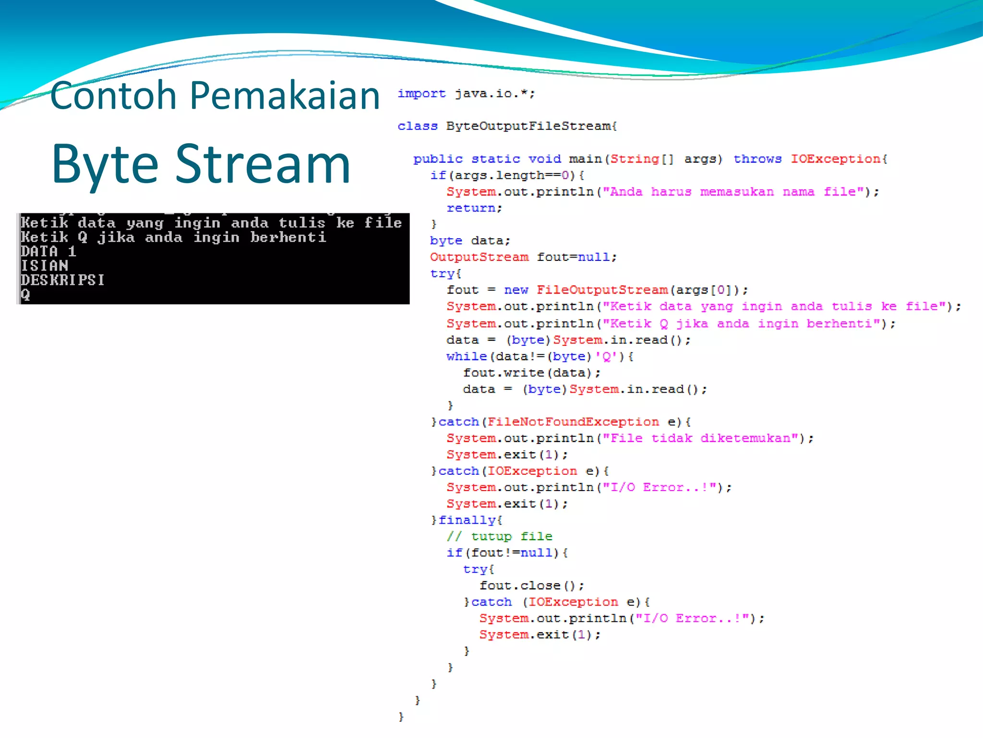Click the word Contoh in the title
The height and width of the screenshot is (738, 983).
click(113, 96)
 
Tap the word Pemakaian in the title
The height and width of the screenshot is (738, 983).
click(285, 96)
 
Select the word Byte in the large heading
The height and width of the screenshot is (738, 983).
click(105, 165)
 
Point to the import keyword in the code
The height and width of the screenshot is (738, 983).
click(421, 94)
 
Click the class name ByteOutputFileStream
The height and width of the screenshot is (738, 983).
click(531, 126)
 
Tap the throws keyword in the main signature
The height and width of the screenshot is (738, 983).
click(757, 159)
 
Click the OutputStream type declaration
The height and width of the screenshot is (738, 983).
click(479, 257)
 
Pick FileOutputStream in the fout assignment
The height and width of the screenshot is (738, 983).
click(602, 290)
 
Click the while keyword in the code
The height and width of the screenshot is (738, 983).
click(466, 357)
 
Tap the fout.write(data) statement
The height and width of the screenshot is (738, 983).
click(531, 373)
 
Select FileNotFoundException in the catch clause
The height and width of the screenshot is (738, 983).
click(573, 422)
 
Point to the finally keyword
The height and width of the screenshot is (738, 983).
click(467, 520)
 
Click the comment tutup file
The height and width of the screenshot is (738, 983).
click(500, 537)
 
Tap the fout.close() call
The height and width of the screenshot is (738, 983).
click(531, 586)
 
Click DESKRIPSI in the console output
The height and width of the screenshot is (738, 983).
click(62, 280)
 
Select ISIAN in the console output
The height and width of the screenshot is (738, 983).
click(44, 266)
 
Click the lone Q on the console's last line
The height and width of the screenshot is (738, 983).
click(25, 295)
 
